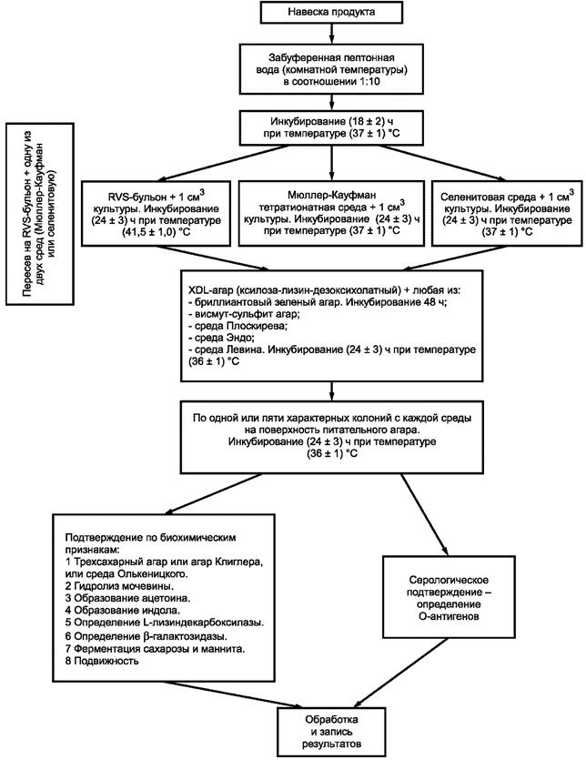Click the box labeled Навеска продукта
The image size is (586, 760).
(331, 12)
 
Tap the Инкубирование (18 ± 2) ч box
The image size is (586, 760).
(331, 127)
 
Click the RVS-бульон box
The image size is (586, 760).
(157, 214)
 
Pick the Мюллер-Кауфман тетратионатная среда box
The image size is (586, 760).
(331, 214)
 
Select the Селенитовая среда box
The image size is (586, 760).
(507, 214)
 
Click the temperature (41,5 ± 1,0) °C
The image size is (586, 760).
(157, 232)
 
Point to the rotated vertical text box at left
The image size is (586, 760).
(40, 214)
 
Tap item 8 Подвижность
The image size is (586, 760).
(102, 661)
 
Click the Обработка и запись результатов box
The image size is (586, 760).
(331, 732)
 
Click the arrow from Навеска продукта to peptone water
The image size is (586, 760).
(331, 33)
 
